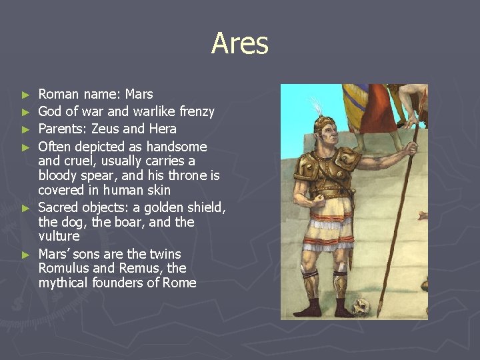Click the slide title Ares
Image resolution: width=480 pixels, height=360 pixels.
[x=240, y=44]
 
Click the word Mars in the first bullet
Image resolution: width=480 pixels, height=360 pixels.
[x=139, y=94]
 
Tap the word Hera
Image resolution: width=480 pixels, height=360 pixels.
[x=162, y=129]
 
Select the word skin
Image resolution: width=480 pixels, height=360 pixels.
[x=157, y=191]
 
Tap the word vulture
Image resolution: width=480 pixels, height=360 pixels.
[x=59, y=237]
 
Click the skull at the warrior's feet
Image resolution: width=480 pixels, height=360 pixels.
[x=361, y=306]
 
